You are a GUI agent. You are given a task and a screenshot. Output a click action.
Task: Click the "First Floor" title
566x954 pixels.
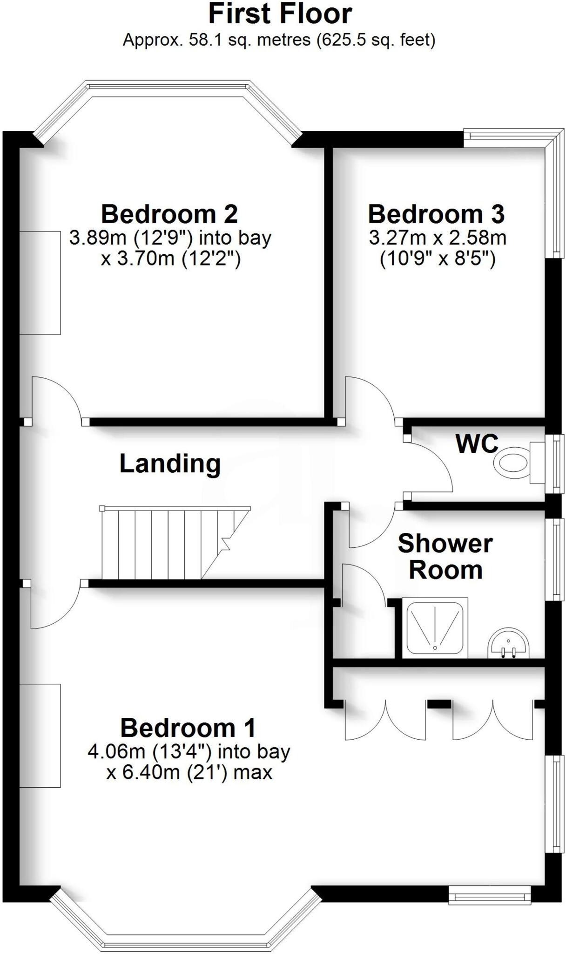[280, 14]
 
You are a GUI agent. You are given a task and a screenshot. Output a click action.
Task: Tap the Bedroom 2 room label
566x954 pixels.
[169, 214]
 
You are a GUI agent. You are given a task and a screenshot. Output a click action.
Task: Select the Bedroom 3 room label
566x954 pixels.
[436, 214]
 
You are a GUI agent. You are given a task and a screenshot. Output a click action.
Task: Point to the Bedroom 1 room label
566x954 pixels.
[188, 728]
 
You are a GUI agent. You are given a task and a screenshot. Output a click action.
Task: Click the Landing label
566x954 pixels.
[170, 464]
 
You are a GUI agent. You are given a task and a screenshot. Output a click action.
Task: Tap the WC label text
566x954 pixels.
[477, 443]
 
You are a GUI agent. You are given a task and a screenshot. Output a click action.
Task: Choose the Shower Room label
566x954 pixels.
[445, 557]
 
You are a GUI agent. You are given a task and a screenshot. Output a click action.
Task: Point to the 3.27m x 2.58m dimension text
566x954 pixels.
[438, 238]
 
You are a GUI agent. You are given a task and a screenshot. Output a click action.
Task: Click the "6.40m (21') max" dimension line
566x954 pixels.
[189, 772]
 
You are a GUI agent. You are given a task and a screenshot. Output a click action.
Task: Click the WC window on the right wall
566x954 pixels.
[555, 463]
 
